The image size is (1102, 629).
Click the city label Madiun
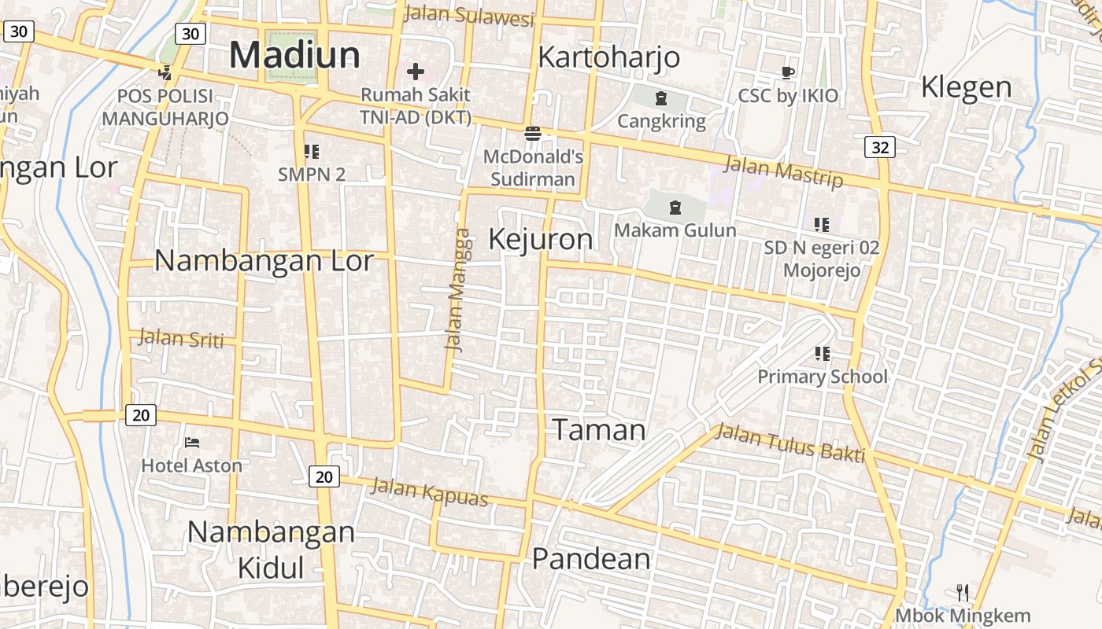point(294,55)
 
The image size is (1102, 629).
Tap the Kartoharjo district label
point(608,57)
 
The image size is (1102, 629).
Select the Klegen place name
point(966,86)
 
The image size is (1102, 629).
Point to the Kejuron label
point(540,239)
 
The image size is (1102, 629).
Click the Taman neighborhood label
point(598,430)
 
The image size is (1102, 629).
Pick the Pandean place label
point(591,559)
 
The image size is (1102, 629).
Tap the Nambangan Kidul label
point(271,549)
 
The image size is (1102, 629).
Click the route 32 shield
point(879,147)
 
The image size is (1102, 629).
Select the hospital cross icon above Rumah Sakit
point(415,72)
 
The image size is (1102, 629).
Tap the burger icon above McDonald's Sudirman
point(533,133)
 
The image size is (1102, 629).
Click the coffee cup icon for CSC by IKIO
point(787,73)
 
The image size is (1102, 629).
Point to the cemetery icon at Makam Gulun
point(675,208)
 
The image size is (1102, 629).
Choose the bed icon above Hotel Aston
point(191,443)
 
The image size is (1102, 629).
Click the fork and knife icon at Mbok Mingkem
point(962,592)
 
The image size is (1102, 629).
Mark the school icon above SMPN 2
point(312,151)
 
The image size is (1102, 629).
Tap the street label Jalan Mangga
point(458,289)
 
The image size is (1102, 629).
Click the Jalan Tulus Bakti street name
point(790,443)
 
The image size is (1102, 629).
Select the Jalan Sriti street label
point(181,339)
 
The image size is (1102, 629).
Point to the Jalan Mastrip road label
point(782,172)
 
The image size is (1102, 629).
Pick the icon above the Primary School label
point(822,354)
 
